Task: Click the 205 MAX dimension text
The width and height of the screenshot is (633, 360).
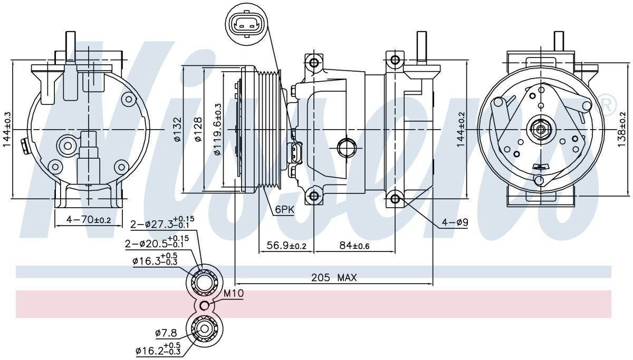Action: [334, 278]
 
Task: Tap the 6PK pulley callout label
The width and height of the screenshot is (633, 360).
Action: [285, 209]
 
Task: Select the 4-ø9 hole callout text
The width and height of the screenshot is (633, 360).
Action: [455, 222]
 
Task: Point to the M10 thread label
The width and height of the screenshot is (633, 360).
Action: [233, 294]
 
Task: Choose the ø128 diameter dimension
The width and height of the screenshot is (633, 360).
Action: [198, 130]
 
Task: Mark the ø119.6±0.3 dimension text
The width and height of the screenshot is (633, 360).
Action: [217, 130]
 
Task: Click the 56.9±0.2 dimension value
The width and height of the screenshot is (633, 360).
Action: [286, 246]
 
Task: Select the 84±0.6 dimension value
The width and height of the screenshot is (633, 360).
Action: [354, 246]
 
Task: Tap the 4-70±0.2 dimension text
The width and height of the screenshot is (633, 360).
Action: [89, 219]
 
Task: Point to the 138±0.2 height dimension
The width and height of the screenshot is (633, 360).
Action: [622, 129]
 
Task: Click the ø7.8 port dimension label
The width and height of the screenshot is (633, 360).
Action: [166, 333]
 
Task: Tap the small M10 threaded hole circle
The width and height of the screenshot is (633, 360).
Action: [205, 305]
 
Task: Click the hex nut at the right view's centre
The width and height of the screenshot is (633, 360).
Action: [541, 130]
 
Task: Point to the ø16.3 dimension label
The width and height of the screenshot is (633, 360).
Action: [155, 260]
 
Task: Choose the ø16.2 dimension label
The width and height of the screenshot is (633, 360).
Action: [158, 349]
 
